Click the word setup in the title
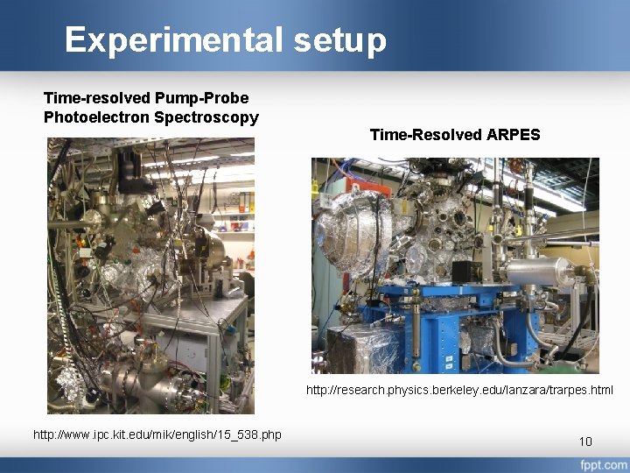pos(340,40)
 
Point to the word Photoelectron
pos(96,116)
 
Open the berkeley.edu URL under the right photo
pos(459,390)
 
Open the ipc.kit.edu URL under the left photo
pos(157,434)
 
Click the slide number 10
pos(585,441)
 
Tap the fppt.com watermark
pos(602,463)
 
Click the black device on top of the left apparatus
pos(131,166)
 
